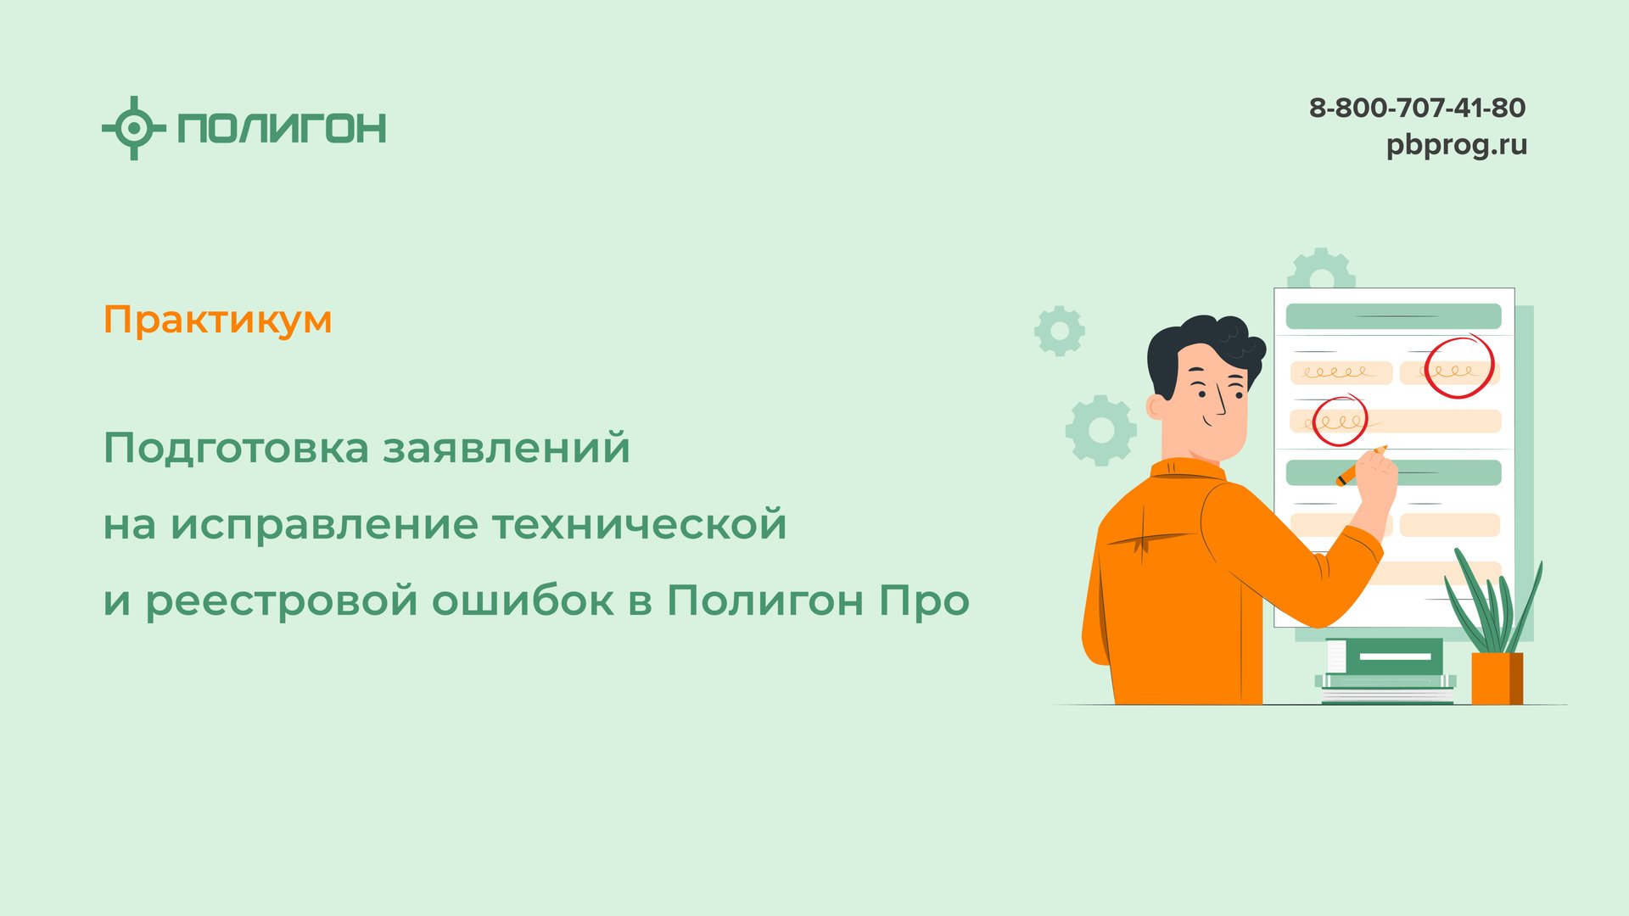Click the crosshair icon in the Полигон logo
133,128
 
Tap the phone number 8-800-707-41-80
1417,108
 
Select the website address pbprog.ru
1456,145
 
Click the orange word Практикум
217,321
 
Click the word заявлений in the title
507,448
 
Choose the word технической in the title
640,524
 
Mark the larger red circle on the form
1458,366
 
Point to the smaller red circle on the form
1340,420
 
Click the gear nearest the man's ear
1100,430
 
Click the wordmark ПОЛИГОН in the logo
282,128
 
